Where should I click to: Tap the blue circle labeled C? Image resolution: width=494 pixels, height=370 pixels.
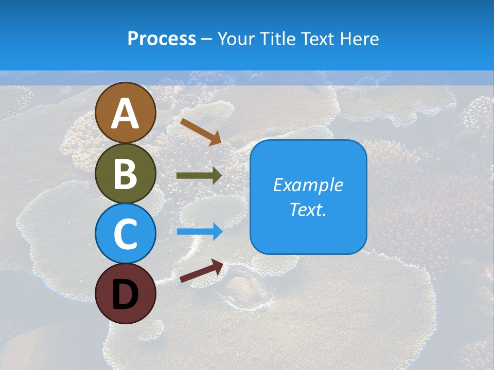pos(125,233)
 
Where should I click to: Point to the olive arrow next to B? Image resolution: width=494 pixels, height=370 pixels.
pos(199,175)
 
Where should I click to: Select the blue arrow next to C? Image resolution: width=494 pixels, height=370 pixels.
pos(199,232)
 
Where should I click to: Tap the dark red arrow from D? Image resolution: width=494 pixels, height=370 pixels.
pos(201,271)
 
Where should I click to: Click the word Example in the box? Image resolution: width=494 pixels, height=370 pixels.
pos(308,185)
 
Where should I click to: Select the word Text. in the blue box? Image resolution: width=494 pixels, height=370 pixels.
pos(308,210)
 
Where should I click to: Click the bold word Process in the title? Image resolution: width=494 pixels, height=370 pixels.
pos(162,39)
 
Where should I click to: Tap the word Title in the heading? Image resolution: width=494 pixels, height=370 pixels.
pos(277,39)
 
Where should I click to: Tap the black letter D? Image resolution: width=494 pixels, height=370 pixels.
pos(125,294)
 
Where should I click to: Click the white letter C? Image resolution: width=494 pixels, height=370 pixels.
pos(125,233)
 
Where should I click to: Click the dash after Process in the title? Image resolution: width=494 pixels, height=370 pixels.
pos(207,39)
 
